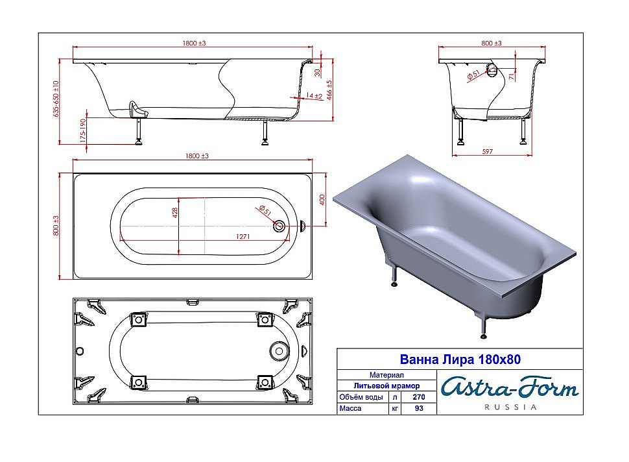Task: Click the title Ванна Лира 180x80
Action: point(460,359)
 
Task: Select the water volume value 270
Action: point(419,397)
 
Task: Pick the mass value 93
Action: point(419,408)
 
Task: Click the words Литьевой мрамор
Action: point(386,385)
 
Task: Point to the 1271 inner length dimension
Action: point(243,236)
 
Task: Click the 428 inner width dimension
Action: point(174,213)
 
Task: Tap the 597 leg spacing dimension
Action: point(487,151)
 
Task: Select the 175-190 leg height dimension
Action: point(83,130)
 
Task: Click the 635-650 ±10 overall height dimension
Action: point(56,99)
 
